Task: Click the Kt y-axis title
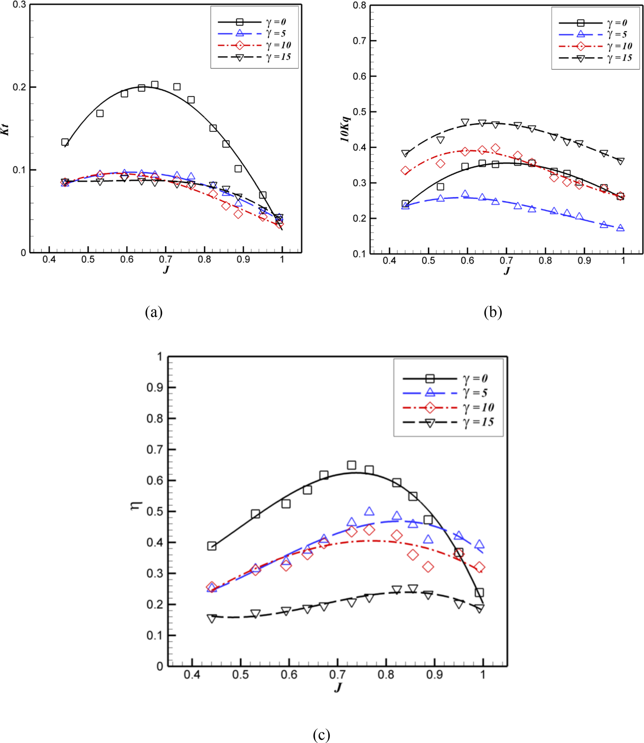5,129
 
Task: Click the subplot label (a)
154,312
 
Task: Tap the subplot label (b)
493,312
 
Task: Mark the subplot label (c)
321,735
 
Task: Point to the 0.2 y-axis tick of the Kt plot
19,87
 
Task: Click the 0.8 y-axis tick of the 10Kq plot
359,5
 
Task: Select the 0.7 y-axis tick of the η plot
155,449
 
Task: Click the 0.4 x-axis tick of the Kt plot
49,260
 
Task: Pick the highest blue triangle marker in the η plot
369,511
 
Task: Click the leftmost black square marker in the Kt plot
65,142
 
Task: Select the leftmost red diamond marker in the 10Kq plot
405,171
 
